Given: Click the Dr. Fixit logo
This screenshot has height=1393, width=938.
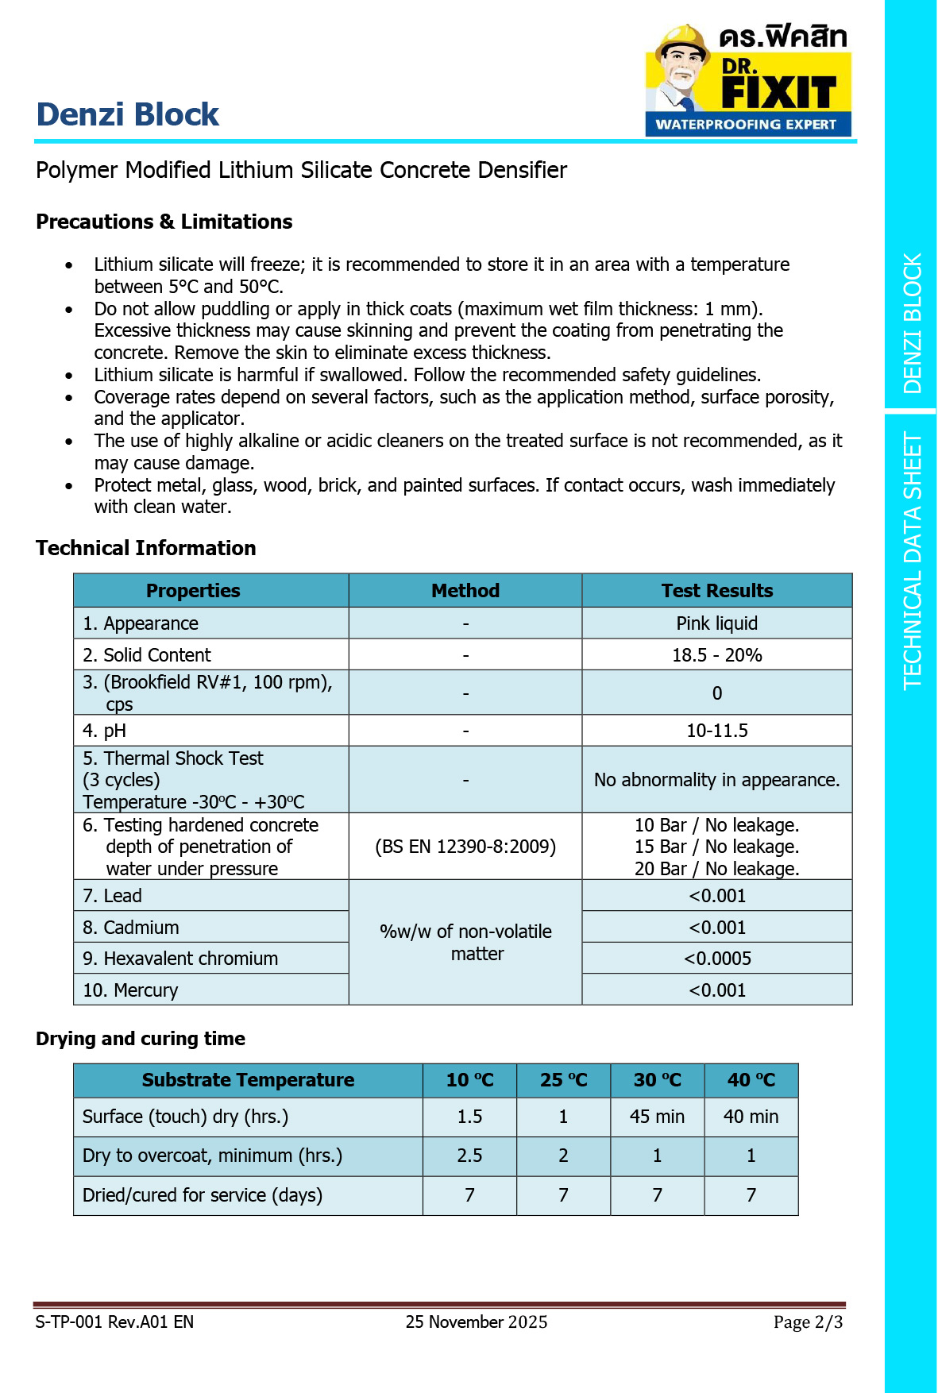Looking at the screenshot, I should tap(747, 79).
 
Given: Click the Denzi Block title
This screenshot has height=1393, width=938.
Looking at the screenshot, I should tap(128, 114).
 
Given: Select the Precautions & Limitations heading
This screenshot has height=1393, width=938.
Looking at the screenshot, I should tap(164, 222).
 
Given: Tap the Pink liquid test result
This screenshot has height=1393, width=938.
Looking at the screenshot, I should tap(716, 623).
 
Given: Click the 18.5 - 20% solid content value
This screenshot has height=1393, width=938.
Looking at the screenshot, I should tap(716, 655).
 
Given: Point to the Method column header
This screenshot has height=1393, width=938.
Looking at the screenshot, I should tap(465, 591).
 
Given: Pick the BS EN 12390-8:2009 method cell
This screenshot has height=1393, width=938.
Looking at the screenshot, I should tap(465, 847).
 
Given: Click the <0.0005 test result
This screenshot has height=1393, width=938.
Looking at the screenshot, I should tap(716, 959).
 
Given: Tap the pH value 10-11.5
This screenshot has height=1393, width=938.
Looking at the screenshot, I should tap(716, 731).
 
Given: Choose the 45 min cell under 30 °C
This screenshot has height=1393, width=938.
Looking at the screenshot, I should tap(657, 1117).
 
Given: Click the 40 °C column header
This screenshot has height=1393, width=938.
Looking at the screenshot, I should tap(751, 1080).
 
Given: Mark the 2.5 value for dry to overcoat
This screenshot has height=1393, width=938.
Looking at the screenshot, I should tap(469, 1156).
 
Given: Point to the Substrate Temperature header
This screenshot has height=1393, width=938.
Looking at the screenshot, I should tap(248, 1080).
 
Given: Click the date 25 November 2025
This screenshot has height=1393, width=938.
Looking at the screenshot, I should tap(477, 1322).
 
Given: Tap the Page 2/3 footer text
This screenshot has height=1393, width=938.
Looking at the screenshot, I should tap(808, 1322).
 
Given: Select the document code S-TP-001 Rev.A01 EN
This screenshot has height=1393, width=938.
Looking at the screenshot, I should tap(114, 1322).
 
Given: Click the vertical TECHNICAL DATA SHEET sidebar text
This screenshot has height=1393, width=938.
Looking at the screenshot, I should tap(912, 561).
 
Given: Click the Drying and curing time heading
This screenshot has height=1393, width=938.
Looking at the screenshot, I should tap(141, 1039).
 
